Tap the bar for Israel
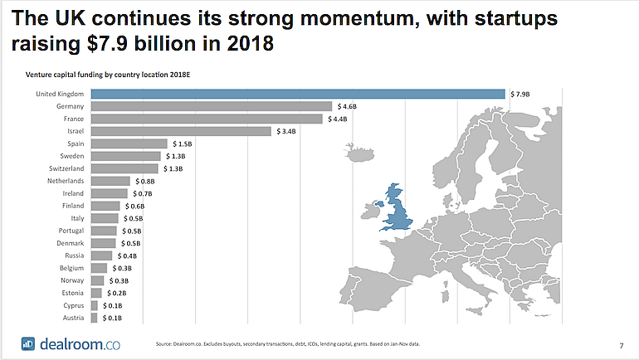tap(180, 131)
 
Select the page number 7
tap(622, 343)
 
